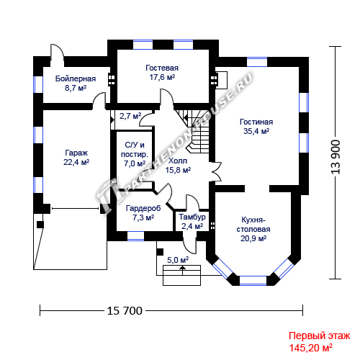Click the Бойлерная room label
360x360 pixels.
tap(76, 78)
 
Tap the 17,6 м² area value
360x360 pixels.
tap(162, 77)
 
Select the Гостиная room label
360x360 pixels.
tap(256, 122)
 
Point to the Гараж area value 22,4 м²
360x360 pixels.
tap(76, 162)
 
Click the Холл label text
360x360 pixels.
tap(178, 161)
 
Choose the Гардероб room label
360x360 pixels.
tap(143, 208)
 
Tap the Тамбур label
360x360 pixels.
tap(192, 217)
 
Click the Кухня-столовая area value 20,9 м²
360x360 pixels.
tap(253, 238)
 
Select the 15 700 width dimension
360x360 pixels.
tap(125, 311)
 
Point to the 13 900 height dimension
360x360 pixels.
tap(336, 157)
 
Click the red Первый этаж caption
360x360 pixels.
tap(320, 336)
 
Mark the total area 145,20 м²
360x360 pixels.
tap(311, 348)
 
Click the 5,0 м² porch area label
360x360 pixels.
tap(178, 260)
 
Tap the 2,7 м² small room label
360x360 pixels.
tap(130, 116)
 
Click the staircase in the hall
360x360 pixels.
tap(194, 131)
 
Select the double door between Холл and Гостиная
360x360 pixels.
tap(215, 171)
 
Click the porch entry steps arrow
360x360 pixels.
tap(183, 270)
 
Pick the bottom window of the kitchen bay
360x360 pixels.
tap(253, 281)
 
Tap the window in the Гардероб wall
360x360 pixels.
tap(135, 236)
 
